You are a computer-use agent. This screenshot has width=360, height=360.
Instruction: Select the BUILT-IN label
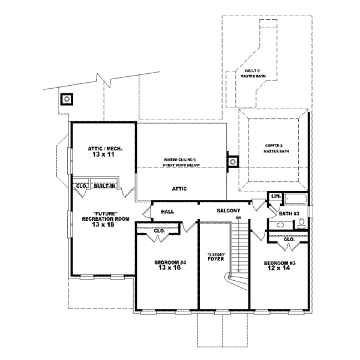(104, 187)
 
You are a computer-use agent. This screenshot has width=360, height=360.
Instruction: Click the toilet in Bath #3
(301, 224)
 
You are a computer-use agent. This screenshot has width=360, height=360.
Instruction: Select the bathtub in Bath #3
(296, 200)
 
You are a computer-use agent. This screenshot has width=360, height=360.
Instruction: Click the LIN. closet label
(276, 196)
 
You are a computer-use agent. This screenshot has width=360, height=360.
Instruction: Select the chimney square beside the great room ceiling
(233, 161)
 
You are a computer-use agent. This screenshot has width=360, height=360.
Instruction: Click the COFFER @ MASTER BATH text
(276, 148)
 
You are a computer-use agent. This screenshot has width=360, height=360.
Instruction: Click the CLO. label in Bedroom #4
(160, 231)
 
